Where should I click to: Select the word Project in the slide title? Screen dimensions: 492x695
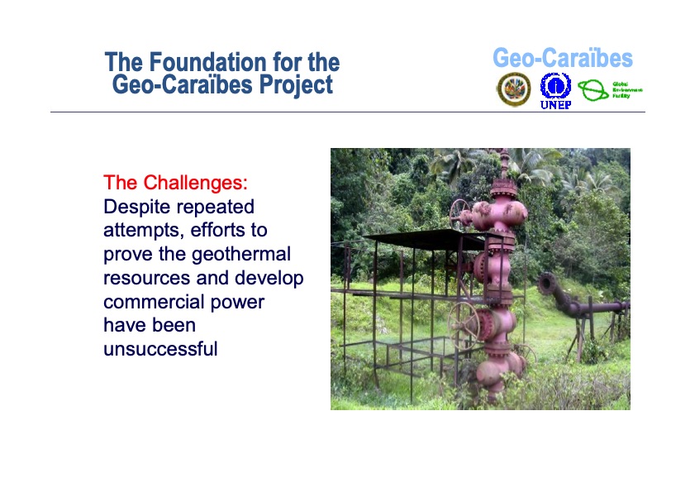coord(294,84)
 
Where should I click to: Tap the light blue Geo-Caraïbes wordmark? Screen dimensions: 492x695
coord(562,59)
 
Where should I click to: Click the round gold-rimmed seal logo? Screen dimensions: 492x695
coord(513,89)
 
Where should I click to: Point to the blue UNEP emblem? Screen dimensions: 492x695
coord(555,85)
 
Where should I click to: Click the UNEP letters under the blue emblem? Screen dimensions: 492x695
coord(555,105)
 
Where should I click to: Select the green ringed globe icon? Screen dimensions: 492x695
coord(593,90)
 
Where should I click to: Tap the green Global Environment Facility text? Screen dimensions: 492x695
coord(626,90)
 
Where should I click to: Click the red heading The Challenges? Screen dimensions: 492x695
coord(175,182)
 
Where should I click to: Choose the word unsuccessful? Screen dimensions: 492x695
coord(160,349)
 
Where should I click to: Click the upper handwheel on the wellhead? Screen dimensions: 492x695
coord(460,213)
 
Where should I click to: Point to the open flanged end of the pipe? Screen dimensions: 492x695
coord(546,284)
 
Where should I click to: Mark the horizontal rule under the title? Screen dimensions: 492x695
coord(347,112)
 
